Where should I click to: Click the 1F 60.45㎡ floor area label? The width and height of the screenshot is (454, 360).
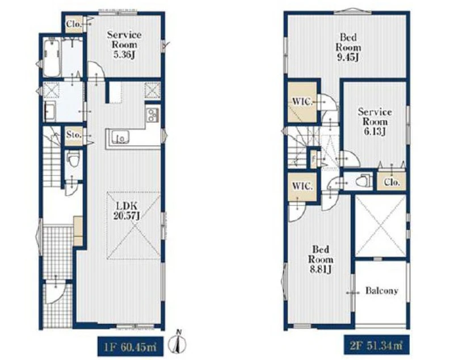(130, 346)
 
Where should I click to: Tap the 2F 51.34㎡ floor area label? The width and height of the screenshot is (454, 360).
(376, 345)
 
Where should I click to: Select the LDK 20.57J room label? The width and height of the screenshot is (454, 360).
(126, 211)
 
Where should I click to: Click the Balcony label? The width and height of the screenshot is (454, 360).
(381, 291)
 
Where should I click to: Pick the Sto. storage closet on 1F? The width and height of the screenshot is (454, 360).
(74, 136)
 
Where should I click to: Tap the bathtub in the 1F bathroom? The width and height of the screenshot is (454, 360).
(52, 58)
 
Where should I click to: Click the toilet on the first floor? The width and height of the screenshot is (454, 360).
(73, 160)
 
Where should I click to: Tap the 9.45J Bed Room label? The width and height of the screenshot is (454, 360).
(348, 47)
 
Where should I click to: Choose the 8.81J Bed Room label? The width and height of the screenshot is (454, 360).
(321, 259)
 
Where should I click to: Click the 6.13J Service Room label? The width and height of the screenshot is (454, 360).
(375, 122)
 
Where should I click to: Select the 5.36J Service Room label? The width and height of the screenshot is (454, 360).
(124, 45)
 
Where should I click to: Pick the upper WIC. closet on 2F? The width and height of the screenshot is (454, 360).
(302, 102)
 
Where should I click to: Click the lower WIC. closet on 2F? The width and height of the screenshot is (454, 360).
(302, 186)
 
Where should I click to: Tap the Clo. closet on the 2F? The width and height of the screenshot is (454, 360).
(392, 182)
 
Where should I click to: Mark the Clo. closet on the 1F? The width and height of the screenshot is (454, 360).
(73, 24)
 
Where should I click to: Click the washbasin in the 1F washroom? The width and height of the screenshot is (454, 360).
(50, 111)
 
